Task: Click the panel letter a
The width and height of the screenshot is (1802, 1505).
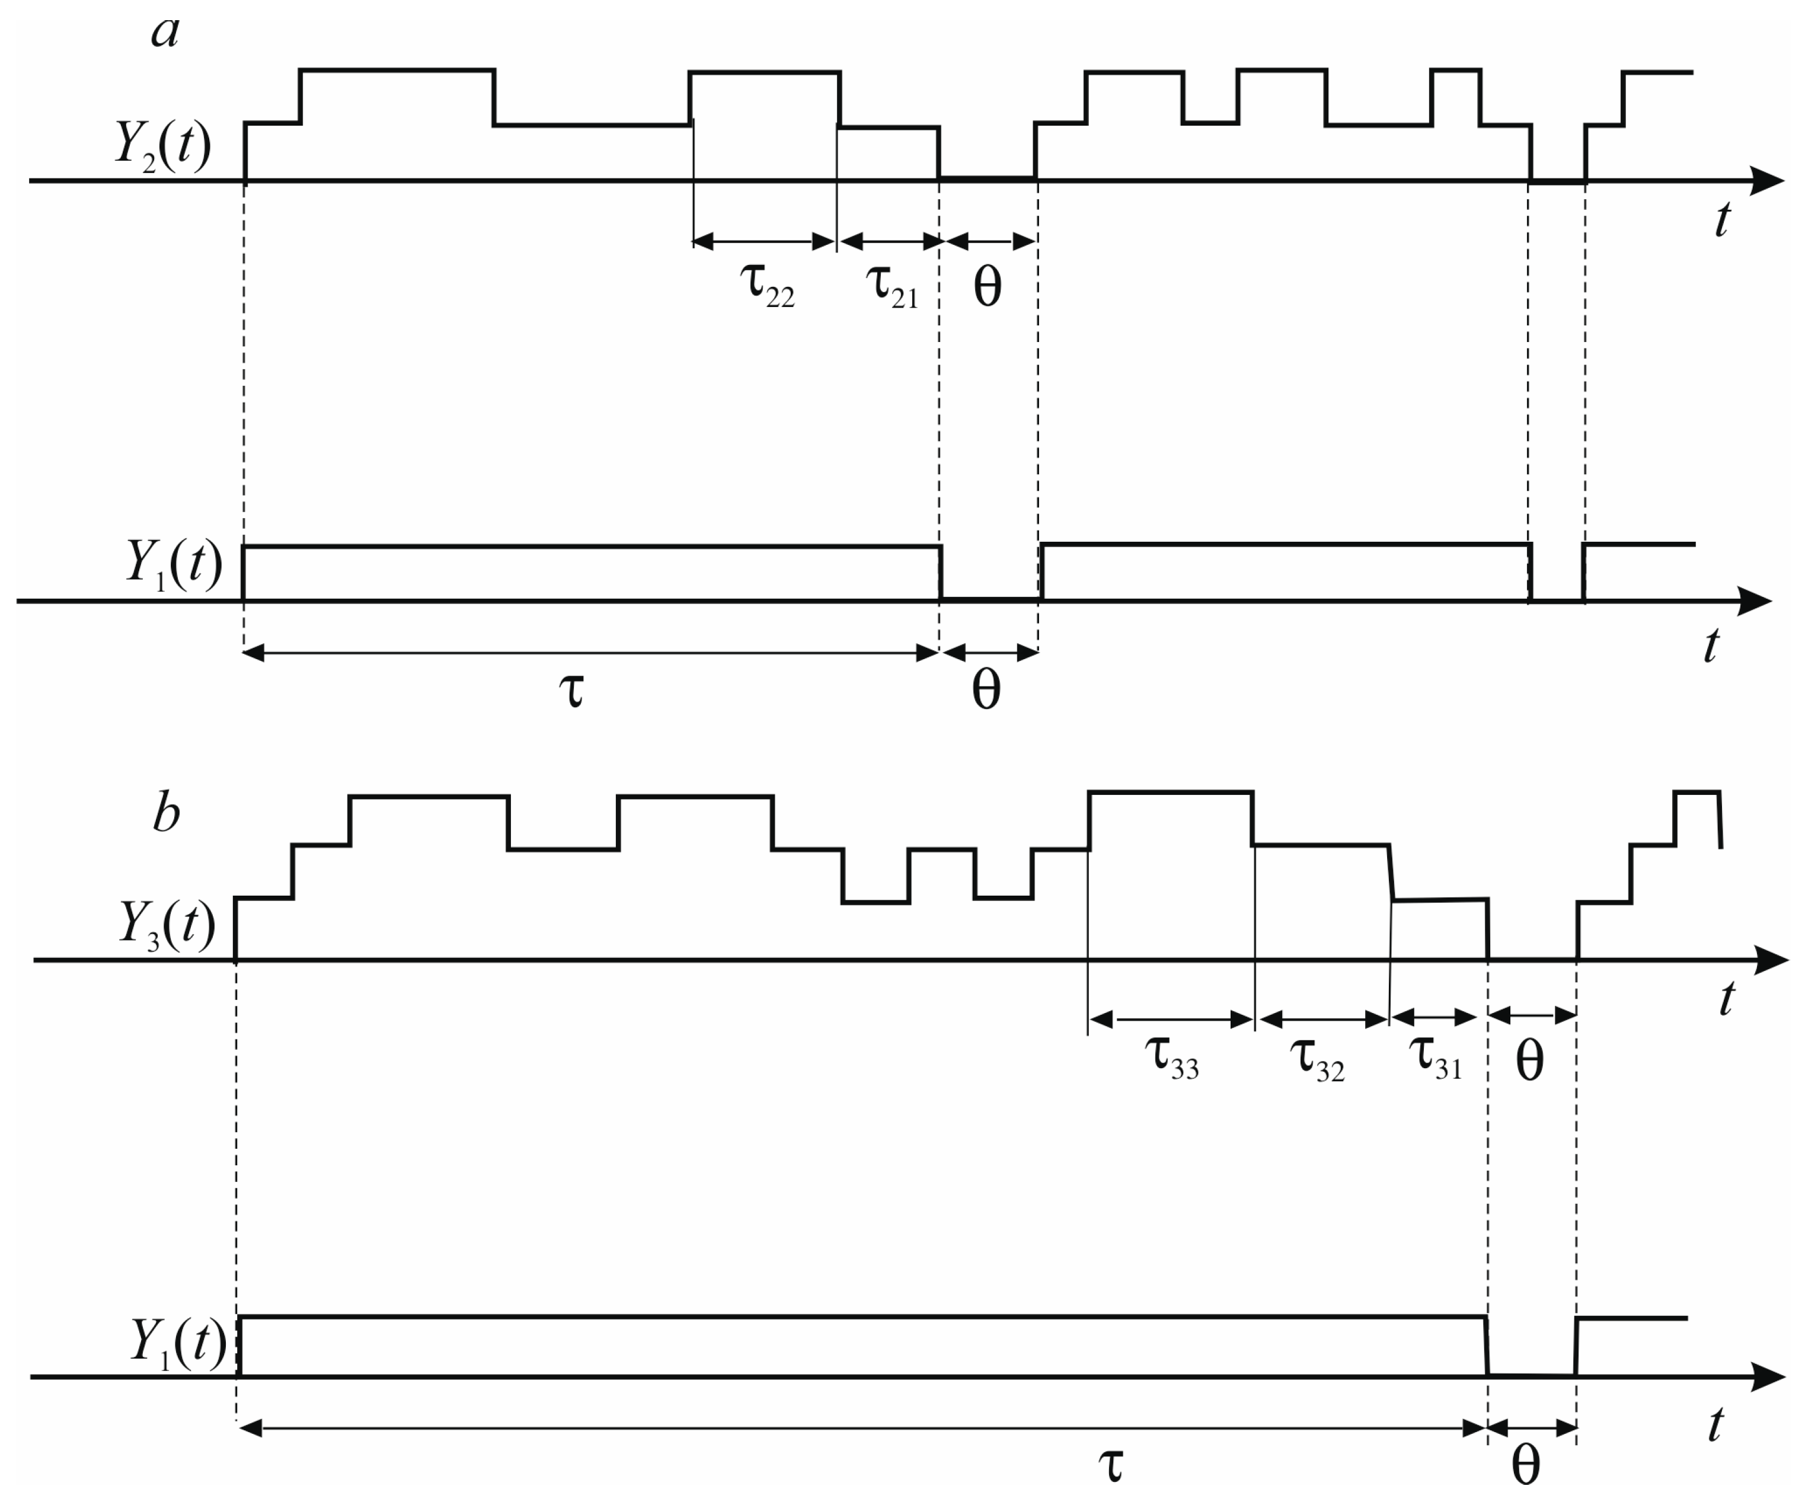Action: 165,33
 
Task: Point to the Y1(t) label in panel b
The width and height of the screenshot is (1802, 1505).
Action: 178,1341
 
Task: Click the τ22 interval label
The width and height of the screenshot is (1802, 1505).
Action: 766,285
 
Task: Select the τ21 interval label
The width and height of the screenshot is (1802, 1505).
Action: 892,285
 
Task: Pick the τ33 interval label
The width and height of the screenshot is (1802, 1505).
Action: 1171,1058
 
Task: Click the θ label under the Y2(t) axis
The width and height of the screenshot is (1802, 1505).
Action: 988,287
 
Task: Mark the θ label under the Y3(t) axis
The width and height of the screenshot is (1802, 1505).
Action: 1530,1062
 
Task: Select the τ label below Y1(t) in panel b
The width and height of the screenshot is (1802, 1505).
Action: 1110,1464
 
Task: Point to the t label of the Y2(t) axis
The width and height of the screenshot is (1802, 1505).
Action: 1722,220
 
